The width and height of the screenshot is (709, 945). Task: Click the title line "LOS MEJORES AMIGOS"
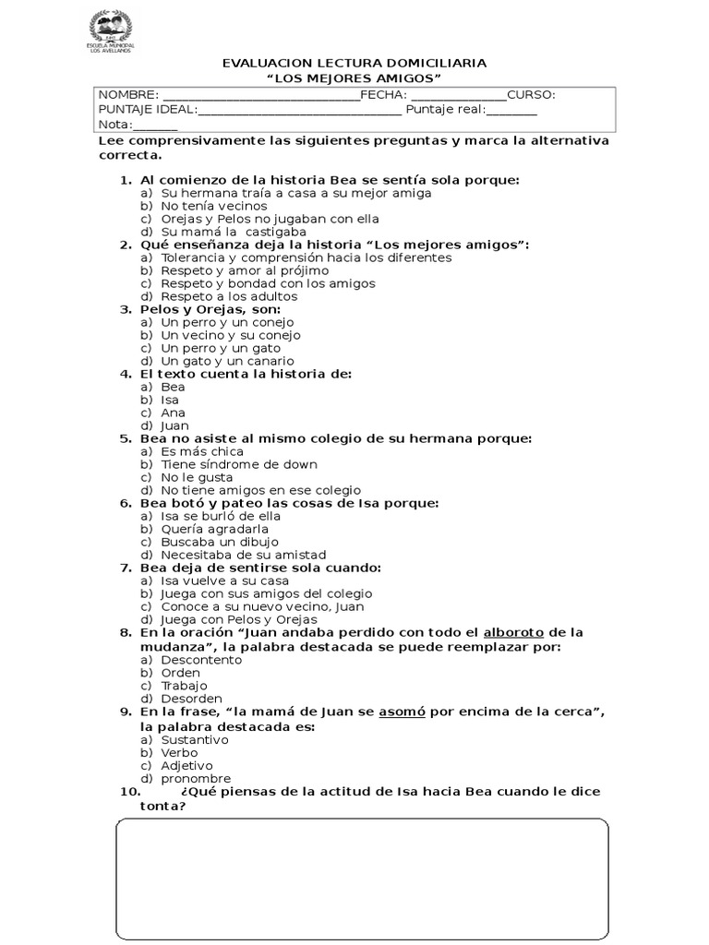point(354,78)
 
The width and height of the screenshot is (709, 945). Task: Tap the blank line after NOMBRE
point(260,95)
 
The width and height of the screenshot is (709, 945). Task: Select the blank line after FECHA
point(458,95)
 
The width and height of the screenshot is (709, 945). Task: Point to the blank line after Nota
point(156,126)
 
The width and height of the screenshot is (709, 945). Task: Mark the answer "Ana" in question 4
point(173,413)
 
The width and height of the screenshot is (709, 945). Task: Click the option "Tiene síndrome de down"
point(238,464)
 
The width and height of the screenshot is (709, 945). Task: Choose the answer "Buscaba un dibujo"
point(220,542)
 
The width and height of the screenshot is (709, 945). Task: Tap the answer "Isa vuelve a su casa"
point(225,580)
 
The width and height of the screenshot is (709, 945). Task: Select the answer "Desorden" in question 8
point(191,699)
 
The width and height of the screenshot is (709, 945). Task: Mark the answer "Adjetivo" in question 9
point(186,765)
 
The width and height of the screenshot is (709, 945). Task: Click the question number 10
point(129,792)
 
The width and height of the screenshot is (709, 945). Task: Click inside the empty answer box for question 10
point(362,876)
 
